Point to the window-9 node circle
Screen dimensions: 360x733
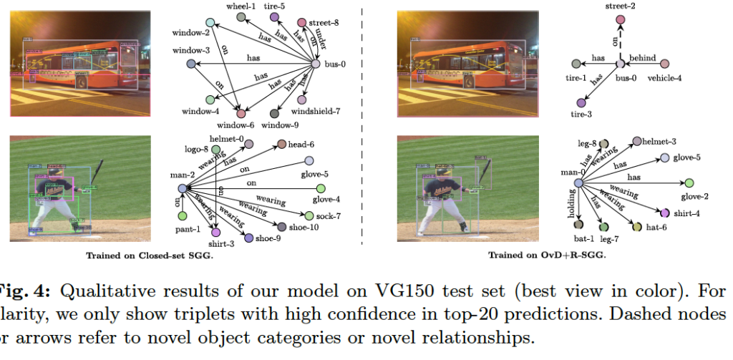274,114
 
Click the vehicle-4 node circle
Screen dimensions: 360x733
664,64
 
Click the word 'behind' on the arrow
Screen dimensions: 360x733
642,58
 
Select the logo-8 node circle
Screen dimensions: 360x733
215,149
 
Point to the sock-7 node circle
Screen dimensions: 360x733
309,215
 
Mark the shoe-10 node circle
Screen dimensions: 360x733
282,227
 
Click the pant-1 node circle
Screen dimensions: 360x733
182,215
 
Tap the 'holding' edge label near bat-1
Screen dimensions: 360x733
573,204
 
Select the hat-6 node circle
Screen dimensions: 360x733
636,227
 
